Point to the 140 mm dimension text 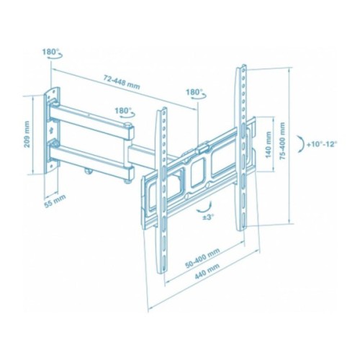(269, 147)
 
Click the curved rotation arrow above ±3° (199, 205)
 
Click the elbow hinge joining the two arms (130, 148)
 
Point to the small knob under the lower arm (88, 171)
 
